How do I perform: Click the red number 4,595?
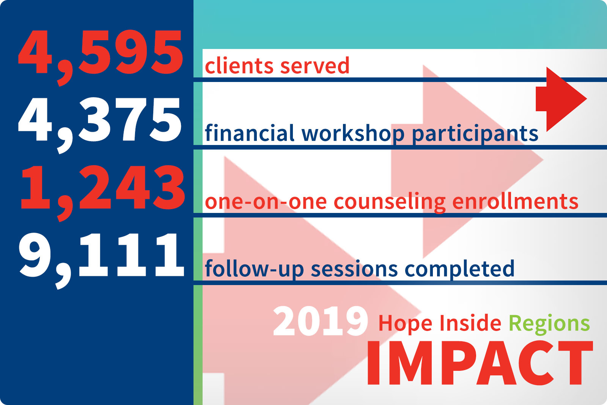pos(100,57)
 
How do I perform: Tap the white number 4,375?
pos(100,125)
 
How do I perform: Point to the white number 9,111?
pos(102,261)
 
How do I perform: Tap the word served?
pos(315,66)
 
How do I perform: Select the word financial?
pos(250,133)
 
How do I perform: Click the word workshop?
pos(353,134)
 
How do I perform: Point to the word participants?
pos(475,134)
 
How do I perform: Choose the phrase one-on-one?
pos(266,202)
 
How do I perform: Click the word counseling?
pos(389,203)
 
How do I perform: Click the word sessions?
pos(354,269)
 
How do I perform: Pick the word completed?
pos(459,269)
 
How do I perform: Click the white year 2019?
pos(320,321)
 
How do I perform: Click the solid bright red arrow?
pos(561,99)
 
